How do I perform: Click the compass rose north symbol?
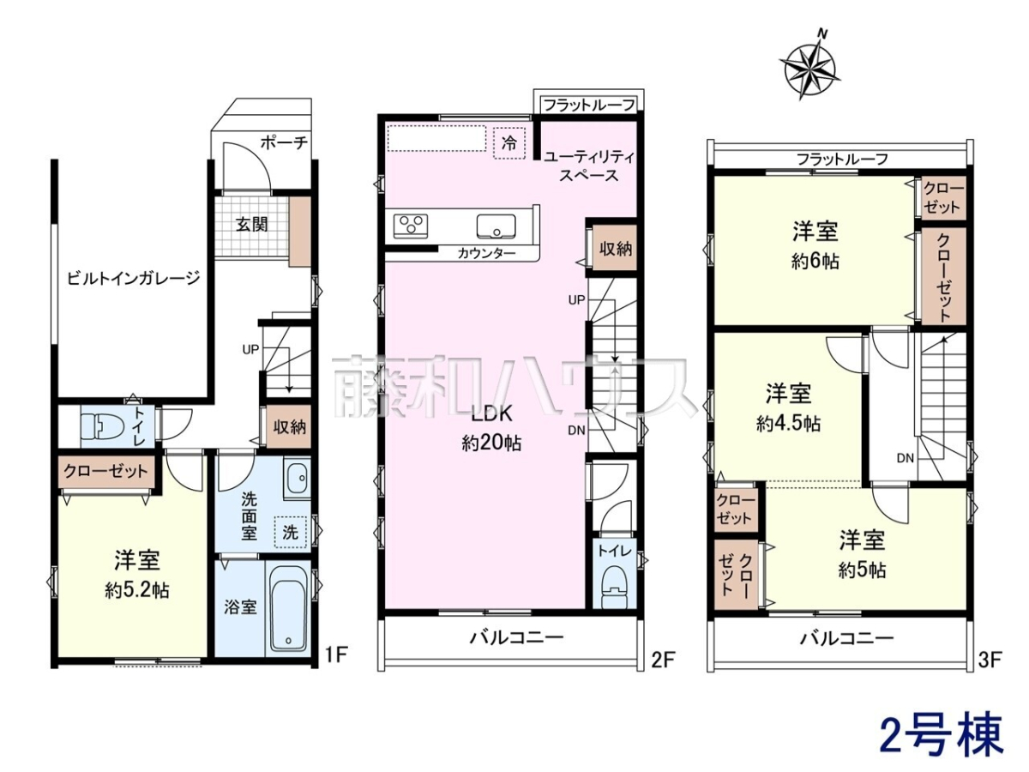[809, 67]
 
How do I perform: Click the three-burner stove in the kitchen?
[410, 226]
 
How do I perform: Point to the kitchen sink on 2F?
[496, 226]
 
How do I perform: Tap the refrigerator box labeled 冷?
[509, 143]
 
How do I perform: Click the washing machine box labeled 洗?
[290, 533]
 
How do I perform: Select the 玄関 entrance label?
[252, 225]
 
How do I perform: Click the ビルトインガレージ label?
[134, 279]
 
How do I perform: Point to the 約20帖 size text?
[491, 443]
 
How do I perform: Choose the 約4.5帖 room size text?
[788, 425]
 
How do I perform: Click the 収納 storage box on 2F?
[615, 250]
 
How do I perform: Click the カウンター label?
[486, 254]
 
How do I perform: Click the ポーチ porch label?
[284, 142]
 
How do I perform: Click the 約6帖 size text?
[815, 262]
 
